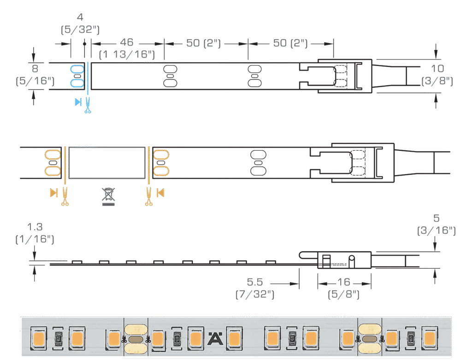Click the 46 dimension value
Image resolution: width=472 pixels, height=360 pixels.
click(x=126, y=42)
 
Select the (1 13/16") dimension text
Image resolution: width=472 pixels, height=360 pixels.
click(x=127, y=54)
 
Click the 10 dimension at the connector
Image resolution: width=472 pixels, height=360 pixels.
click(x=437, y=69)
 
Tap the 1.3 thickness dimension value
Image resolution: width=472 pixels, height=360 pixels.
click(x=35, y=227)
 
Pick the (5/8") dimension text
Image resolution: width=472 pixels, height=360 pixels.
click(x=344, y=294)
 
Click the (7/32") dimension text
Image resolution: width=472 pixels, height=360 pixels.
click(x=255, y=294)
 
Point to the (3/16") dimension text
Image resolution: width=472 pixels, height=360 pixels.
click(x=436, y=230)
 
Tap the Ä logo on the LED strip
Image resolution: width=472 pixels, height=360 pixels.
click(x=214, y=338)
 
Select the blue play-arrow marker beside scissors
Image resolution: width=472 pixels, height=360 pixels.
click(x=78, y=102)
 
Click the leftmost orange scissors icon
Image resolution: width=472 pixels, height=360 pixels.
click(x=65, y=196)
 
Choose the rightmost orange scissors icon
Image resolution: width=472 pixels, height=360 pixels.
click(x=149, y=196)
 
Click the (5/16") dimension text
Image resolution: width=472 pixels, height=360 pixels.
click(x=35, y=81)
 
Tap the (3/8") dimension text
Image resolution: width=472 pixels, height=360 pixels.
click(x=437, y=81)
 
